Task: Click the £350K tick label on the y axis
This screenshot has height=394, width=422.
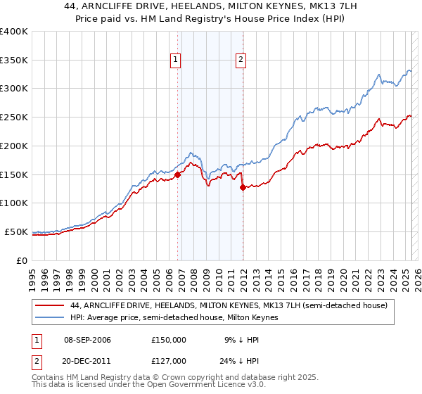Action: (14, 61)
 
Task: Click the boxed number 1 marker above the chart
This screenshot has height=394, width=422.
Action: (175, 61)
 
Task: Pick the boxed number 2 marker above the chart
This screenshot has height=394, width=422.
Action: (241, 61)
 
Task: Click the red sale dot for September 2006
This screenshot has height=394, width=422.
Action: (178, 175)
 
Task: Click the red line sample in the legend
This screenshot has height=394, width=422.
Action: (50, 305)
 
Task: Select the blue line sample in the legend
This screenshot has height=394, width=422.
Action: (50, 318)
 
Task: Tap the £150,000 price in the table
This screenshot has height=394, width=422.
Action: (169, 340)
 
